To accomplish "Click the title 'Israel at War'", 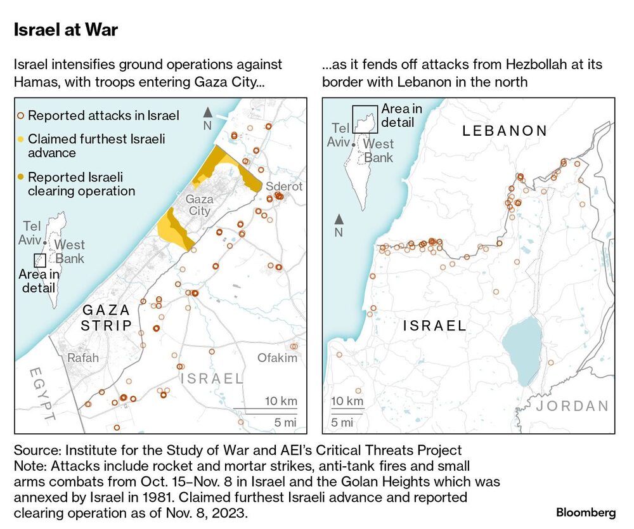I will (65, 30).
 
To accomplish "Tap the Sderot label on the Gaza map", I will (283, 186).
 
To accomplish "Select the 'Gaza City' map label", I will (199, 205).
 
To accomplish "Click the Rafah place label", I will (83, 358).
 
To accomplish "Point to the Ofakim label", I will (277, 358).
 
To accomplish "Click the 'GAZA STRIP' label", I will (106, 318).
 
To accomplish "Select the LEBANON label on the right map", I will (505, 131).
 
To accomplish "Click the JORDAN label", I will (573, 406).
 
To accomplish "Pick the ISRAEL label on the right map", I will (435, 327).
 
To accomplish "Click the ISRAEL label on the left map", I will (212, 379).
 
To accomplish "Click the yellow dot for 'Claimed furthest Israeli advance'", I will (21, 138).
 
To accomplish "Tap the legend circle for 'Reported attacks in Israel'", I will (21, 115).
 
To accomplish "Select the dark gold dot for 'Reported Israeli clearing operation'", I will (21, 177).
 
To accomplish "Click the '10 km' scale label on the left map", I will (281, 402).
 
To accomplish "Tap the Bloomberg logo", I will (586, 512).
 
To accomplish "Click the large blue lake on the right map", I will (522, 351).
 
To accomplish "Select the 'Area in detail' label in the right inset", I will (401, 116).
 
